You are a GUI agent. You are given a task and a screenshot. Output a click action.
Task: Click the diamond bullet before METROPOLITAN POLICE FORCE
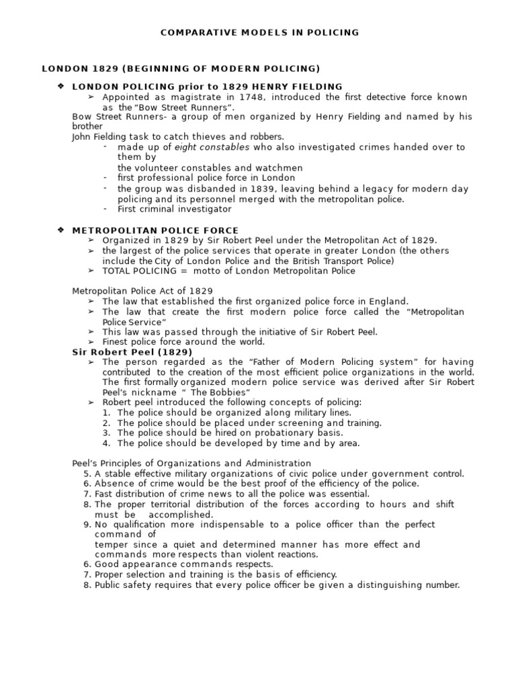coord(60,230)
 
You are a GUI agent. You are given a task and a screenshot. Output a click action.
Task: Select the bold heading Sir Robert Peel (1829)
coord(132,351)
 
